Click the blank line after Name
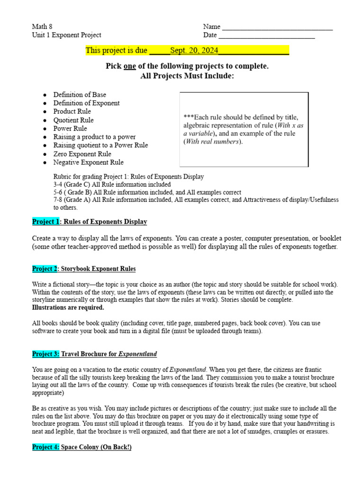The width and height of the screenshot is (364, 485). click(x=277, y=27)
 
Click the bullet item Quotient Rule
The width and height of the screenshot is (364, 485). click(x=73, y=120)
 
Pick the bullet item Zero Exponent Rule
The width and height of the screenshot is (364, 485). click(x=82, y=154)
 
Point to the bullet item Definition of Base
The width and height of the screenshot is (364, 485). click(x=80, y=95)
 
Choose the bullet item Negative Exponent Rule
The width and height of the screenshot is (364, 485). click(x=88, y=162)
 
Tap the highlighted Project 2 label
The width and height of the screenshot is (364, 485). click(x=45, y=269)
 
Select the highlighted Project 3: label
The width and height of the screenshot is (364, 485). click(x=46, y=354)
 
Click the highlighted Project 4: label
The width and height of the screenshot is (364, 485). click(x=46, y=447)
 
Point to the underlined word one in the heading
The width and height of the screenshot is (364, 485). click(x=129, y=66)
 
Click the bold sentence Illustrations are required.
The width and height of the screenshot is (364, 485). click(x=68, y=308)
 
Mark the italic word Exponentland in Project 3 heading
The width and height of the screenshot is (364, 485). click(x=137, y=354)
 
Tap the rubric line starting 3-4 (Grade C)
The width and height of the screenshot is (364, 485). click(x=112, y=185)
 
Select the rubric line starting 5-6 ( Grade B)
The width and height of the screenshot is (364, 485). click(x=147, y=193)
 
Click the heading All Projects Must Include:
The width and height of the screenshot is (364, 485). click(x=187, y=76)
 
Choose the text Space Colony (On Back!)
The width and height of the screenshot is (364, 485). click(x=96, y=447)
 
